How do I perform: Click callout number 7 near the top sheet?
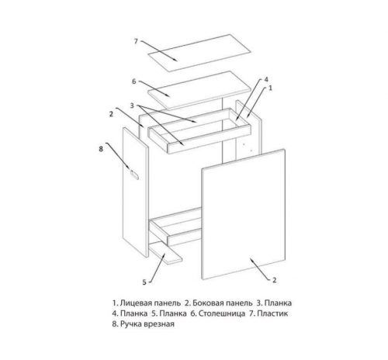point(137,41)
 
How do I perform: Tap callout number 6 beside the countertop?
point(133,81)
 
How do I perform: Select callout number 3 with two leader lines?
point(132,106)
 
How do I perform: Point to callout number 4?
point(266,79)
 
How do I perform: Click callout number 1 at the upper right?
point(271,88)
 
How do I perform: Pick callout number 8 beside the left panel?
point(101,149)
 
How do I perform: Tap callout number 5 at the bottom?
point(144,282)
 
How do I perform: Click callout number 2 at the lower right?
point(275,280)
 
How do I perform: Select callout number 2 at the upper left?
point(111,114)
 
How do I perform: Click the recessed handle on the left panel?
point(134,175)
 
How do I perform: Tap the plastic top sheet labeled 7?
point(199,53)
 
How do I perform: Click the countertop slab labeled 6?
point(199,91)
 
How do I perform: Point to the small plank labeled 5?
point(165,254)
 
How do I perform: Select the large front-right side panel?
point(244,214)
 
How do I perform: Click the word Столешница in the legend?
point(222,313)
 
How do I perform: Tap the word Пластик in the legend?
point(272,313)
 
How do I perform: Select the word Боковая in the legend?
point(207,303)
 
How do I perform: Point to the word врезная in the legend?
point(159,324)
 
